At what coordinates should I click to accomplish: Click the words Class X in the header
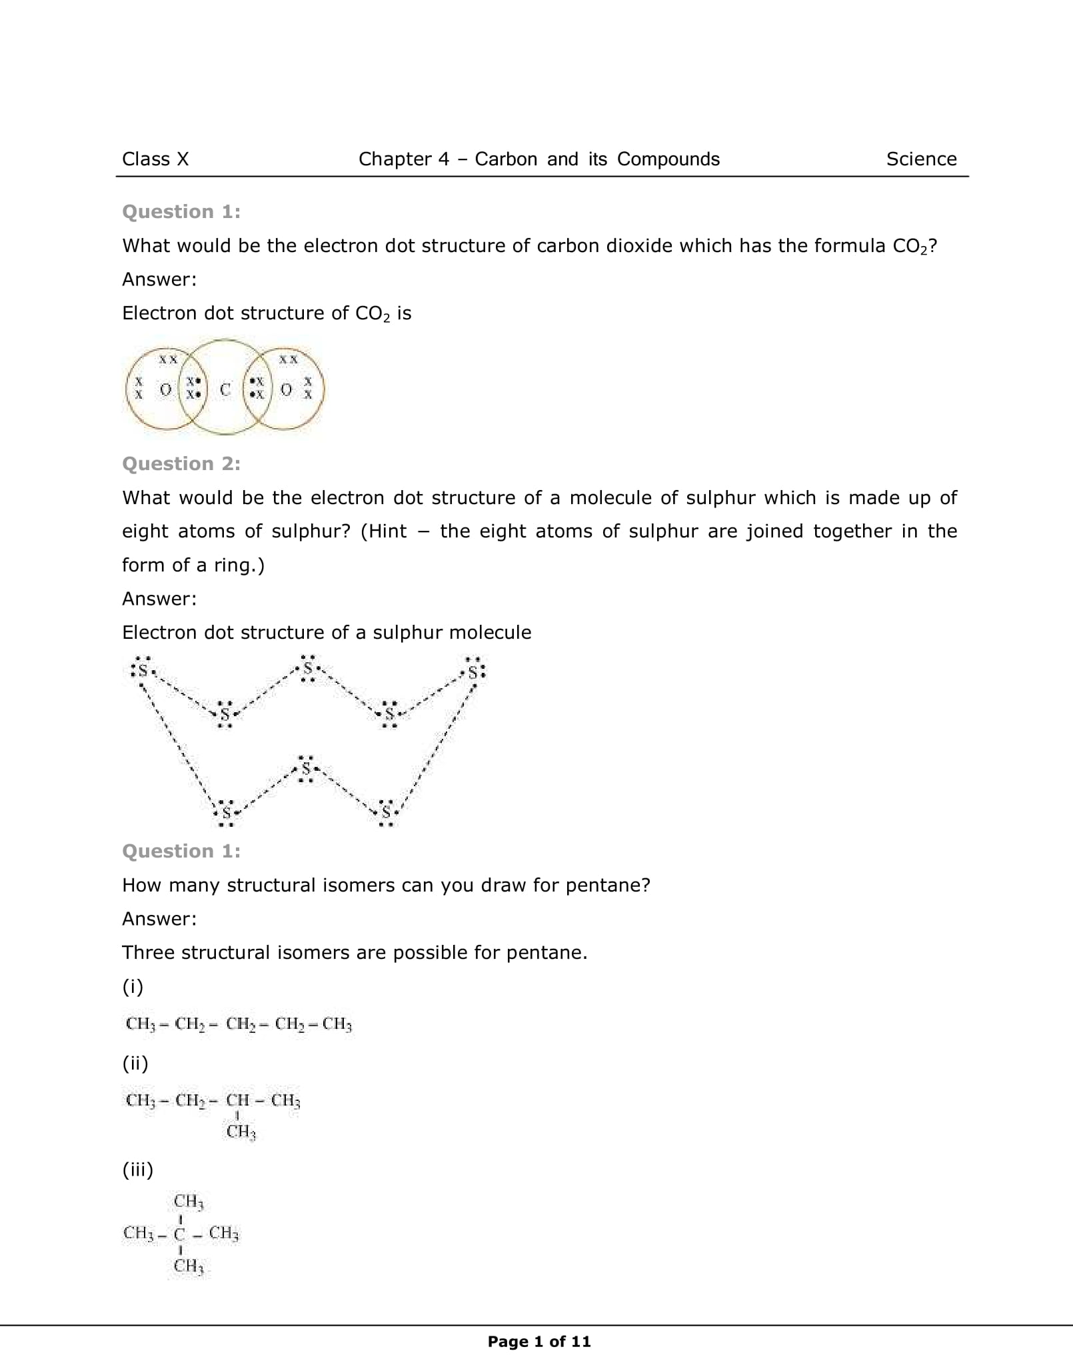(x=155, y=159)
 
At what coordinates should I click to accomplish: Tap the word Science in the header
(x=921, y=159)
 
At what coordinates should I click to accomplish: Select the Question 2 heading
(x=181, y=463)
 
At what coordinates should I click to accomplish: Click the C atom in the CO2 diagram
(x=225, y=389)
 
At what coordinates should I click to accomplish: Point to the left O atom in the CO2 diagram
(x=166, y=389)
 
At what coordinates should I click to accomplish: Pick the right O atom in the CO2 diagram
(x=286, y=389)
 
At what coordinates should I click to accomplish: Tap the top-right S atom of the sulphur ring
(x=473, y=672)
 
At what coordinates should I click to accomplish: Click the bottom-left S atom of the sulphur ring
(x=227, y=814)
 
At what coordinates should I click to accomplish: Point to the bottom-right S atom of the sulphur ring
(x=387, y=812)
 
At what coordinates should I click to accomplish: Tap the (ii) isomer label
(x=135, y=1063)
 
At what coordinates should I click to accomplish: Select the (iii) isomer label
(x=138, y=1169)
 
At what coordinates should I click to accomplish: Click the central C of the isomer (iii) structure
(x=179, y=1234)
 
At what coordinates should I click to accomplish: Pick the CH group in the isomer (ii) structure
(x=238, y=1100)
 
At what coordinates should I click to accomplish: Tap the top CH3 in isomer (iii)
(x=189, y=1202)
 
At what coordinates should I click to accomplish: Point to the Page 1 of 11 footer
(x=539, y=1342)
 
